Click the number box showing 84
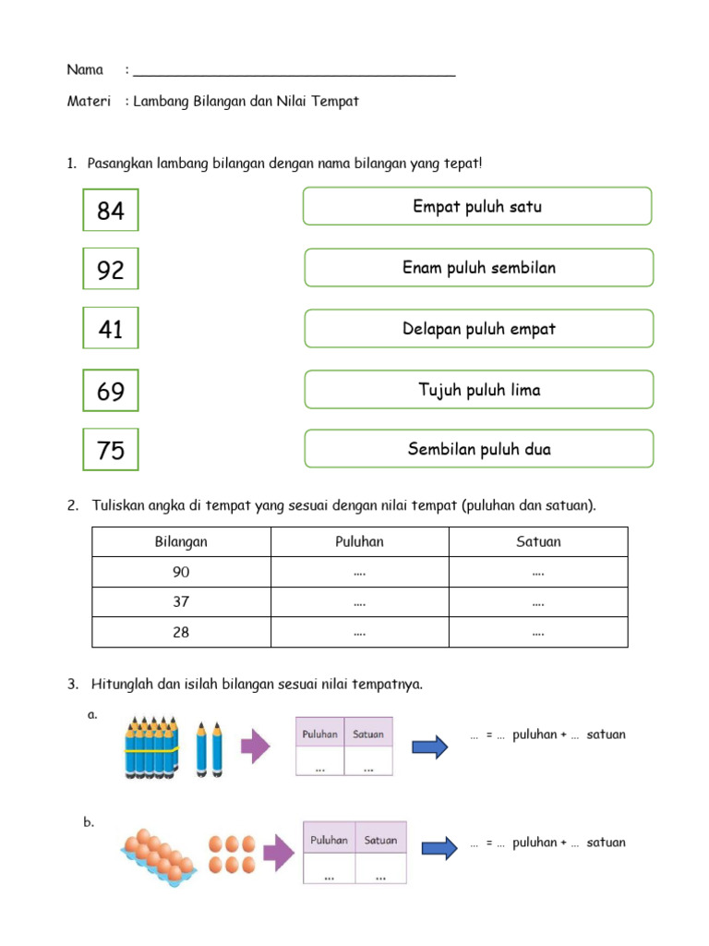(x=111, y=211)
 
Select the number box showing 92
(x=111, y=270)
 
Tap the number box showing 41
(x=111, y=328)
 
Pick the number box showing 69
(x=111, y=391)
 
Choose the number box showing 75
(x=111, y=450)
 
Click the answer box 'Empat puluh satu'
(x=477, y=206)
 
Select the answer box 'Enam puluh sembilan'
(x=478, y=268)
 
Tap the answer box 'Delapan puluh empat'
(x=478, y=329)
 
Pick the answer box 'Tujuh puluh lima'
(x=478, y=390)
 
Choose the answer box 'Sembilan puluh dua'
(x=478, y=449)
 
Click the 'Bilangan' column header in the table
(x=181, y=542)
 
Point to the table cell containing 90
(x=181, y=572)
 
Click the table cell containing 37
(x=181, y=602)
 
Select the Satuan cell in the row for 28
(x=538, y=633)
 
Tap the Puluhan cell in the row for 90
(x=359, y=572)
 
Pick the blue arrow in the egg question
(x=439, y=846)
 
